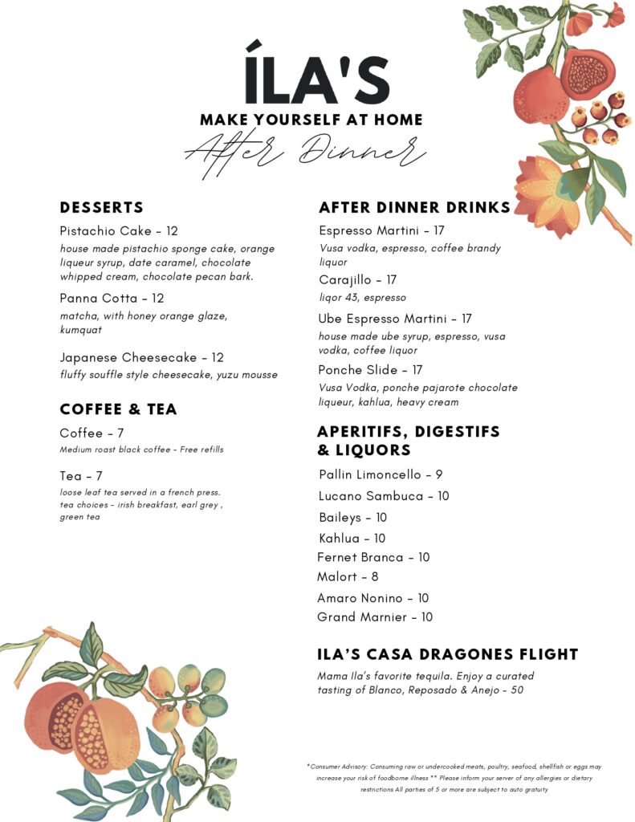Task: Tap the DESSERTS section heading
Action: coord(102,207)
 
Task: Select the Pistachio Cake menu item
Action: coord(119,231)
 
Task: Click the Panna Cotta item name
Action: coord(112,298)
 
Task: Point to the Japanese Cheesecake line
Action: coord(141,357)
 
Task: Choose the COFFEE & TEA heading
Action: coord(118,409)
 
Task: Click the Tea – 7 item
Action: coord(81,476)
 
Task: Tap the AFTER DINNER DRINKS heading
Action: coord(414,207)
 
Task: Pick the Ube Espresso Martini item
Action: coord(395,319)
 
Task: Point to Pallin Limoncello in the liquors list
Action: coord(381,474)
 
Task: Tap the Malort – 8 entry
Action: coord(348,576)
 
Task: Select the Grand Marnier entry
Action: coord(375,617)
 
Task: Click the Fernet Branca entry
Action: coord(373,557)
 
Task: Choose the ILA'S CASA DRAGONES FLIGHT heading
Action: coord(448,654)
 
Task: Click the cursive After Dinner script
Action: coord(305,149)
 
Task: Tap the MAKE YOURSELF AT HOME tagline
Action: coord(311,120)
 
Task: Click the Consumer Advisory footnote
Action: coord(454,778)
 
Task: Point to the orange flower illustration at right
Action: coord(550,195)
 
